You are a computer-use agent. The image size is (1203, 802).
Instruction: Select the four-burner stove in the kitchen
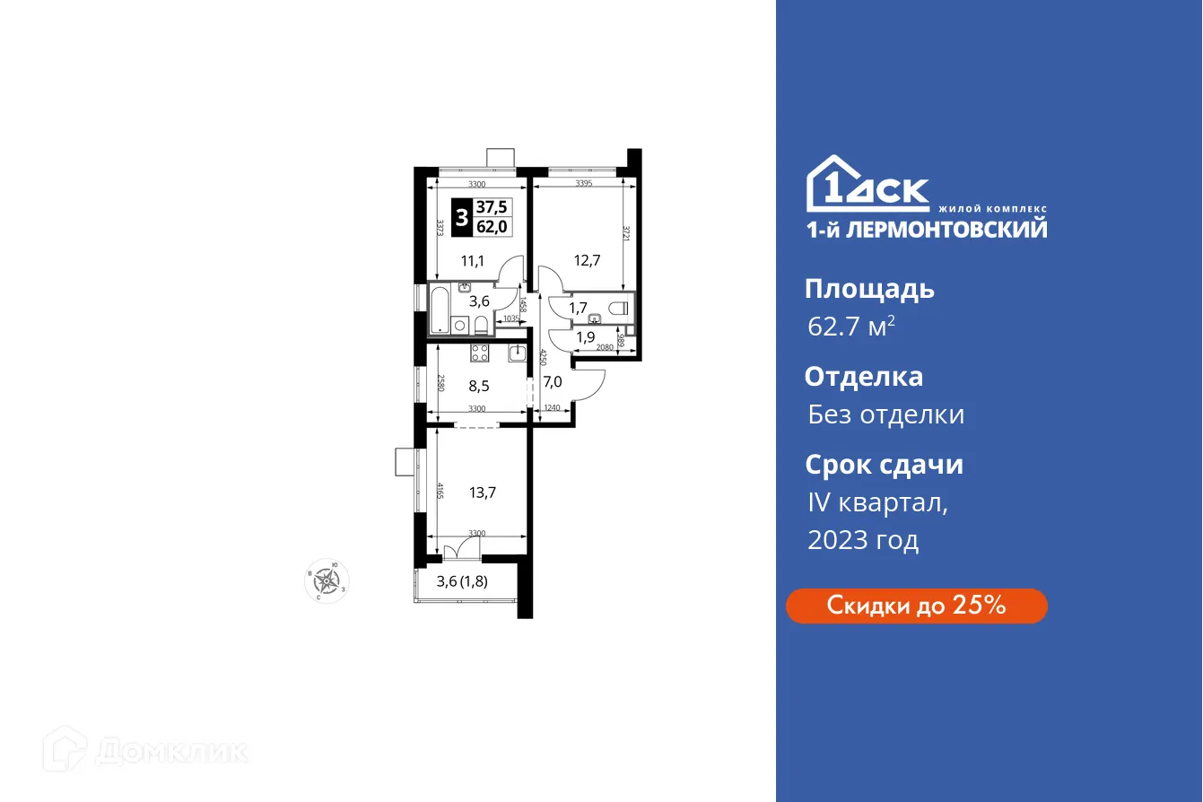479,353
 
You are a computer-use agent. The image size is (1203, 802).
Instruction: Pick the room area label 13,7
483,492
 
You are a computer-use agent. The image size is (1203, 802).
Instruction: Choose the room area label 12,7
587,261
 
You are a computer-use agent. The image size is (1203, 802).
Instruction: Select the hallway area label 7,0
553,381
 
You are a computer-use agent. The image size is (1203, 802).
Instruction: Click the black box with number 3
461,218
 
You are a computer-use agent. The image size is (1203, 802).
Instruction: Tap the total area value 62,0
492,227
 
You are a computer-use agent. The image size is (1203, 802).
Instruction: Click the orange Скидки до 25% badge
916,606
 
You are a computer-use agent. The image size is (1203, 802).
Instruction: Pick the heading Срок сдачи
884,466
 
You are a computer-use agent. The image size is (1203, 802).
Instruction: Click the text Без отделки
885,414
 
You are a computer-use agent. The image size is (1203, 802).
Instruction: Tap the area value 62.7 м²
850,327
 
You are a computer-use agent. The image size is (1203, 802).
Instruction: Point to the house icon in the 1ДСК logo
830,186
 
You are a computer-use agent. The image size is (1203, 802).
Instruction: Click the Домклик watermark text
170,751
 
